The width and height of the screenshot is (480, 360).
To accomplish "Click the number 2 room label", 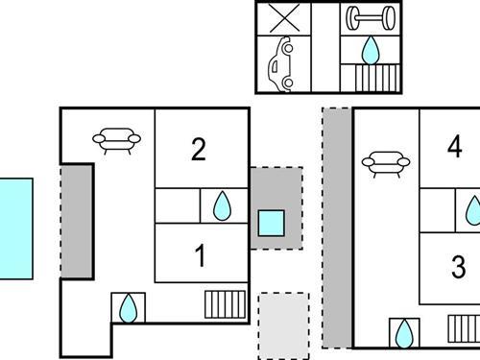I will pos(199,150).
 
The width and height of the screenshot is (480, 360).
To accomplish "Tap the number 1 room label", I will pos(200,256).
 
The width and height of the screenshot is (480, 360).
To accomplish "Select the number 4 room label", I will pos(455,146).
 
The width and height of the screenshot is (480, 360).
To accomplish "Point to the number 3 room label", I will pos(458,265).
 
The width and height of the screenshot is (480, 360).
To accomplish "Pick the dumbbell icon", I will pos(370,18).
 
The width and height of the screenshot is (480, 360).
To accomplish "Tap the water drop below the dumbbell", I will pos(370,49).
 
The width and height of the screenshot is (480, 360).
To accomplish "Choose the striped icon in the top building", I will pos(370,77).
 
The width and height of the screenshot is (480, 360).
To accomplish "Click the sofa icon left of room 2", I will pos(117,140).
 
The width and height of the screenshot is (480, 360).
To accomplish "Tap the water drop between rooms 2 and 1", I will pos(222,204).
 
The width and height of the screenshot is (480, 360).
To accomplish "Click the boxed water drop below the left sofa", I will pos(127,307).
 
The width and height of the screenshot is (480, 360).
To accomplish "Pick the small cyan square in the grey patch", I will pos(271,223).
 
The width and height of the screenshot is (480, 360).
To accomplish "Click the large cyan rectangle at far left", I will pos(15,228).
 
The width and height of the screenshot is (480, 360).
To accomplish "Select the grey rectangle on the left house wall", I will pos(77,222).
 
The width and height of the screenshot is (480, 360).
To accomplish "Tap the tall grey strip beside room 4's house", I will pos(337,227).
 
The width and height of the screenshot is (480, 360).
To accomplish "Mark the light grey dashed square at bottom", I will pos(283,325).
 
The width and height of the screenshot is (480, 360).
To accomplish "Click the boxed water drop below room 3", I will pos(404,333).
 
